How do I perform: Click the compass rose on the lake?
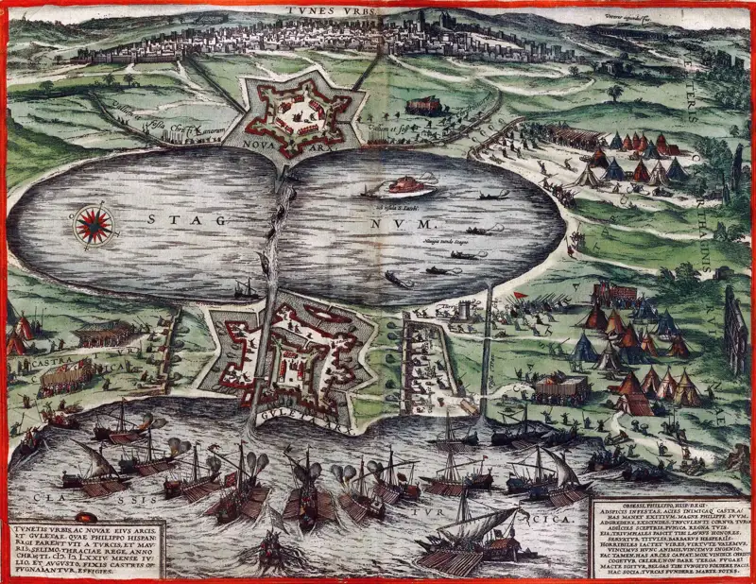click(x=94, y=224)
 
